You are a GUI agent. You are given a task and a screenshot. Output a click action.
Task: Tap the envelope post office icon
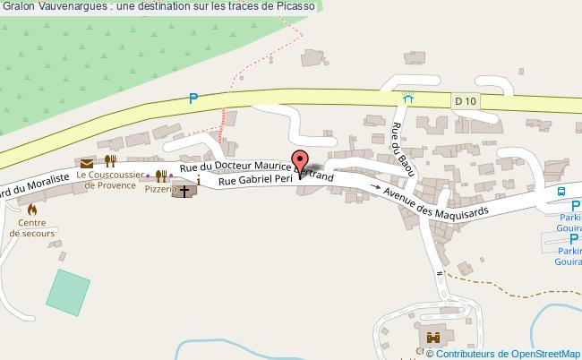pyautogui.click(x=86, y=163)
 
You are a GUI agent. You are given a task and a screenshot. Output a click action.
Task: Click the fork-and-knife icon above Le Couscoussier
pyautogui.click(x=109, y=161)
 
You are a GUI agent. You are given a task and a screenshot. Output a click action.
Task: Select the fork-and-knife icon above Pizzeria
pyautogui.click(x=162, y=176)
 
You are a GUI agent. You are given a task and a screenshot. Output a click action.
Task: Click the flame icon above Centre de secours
pyautogui.click(x=32, y=209)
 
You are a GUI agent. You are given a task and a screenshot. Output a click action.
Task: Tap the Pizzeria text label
pyautogui.click(x=161, y=191)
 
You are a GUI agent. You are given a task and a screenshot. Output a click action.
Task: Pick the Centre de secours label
pyautogui.click(x=31, y=227)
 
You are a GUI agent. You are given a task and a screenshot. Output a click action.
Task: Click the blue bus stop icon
pyautogui.click(x=561, y=191)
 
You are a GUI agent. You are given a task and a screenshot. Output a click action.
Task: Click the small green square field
pyautogui.click(x=68, y=290)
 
